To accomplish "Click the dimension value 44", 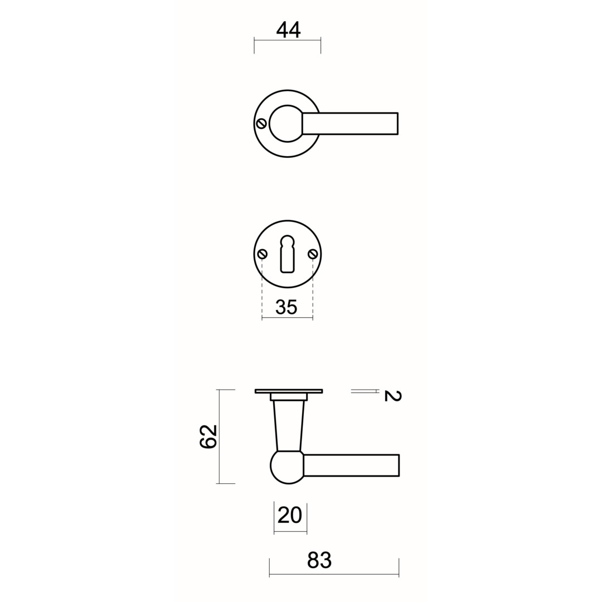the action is click(x=288, y=30).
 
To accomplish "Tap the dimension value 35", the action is click(x=287, y=307).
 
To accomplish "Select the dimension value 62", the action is click(x=208, y=436).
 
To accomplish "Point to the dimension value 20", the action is click(x=289, y=515).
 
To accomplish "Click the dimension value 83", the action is click(x=319, y=560).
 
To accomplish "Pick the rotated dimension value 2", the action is click(x=392, y=396).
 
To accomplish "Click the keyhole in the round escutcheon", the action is click(x=287, y=254).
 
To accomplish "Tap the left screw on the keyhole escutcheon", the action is click(x=263, y=254).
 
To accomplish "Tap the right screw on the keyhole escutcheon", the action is click(x=313, y=254).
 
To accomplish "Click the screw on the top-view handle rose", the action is click(x=261, y=124).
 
